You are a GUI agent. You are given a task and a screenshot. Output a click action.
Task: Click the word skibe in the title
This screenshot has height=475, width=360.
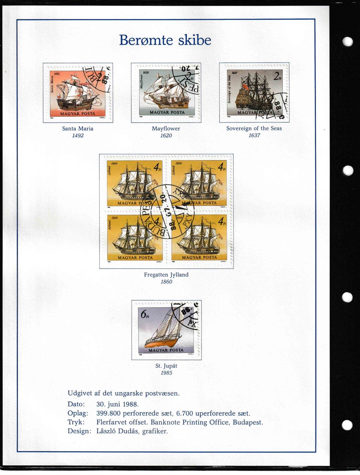tap(195, 40)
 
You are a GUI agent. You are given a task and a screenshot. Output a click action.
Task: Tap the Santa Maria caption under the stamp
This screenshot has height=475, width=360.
tap(78, 128)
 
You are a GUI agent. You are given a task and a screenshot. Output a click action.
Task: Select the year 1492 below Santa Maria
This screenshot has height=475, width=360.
tap(78, 135)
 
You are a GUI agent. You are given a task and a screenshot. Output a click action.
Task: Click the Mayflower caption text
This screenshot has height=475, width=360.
tap(166, 128)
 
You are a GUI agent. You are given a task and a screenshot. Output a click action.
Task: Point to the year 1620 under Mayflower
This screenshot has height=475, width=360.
tap(166, 135)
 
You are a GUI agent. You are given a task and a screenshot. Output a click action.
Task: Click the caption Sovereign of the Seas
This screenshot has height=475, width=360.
tap(254, 128)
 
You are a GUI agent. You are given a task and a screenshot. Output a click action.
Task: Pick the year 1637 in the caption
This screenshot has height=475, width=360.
tap(254, 135)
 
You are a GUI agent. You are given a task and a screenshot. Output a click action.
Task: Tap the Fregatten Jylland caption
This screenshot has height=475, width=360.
tap(166, 275)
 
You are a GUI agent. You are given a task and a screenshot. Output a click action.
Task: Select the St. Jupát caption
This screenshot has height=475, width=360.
tap(166, 366)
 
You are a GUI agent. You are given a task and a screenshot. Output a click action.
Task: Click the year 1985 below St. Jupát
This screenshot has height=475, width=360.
tap(166, 373)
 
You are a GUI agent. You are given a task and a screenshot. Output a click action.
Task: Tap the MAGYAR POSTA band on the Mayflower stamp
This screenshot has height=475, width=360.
tap(167, 112)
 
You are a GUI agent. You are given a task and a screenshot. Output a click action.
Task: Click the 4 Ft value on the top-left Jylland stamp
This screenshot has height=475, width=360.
tap(158, 167)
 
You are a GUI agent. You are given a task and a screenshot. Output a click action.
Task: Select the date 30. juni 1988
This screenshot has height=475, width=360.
tap(117, 404)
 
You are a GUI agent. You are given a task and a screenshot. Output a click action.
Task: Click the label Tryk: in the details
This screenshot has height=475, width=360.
tap(76, 422)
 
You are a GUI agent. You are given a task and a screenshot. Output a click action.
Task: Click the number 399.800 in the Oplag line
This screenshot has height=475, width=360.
tap(108, 413)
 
